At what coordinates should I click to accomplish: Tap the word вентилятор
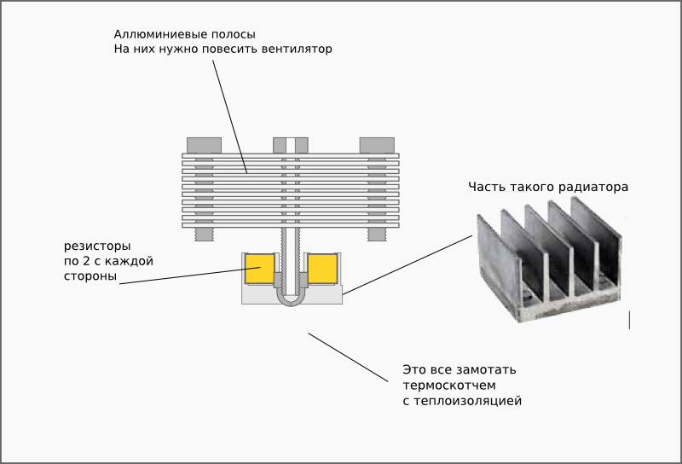click(x=297, y=49)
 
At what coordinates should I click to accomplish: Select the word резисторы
click(x=97, y=246)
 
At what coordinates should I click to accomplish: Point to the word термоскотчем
click(x=449, y=386)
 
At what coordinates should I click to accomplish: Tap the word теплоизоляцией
click(x=467, y=401)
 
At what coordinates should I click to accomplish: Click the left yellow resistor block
click(x=260, y=269)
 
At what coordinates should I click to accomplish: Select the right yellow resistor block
click(x=323, y=269)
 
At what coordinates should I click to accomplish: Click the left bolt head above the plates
click(x=204, y=145)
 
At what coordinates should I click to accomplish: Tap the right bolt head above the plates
click(x=377, y=145)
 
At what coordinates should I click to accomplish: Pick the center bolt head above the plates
click(x=291, y=145)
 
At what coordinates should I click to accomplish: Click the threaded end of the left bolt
click(x=204, y=235)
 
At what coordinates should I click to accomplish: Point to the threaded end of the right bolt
click(x=377, y=235)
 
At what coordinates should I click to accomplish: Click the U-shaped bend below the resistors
click(x=291, y=301)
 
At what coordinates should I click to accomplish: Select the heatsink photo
click(x=549, y=259)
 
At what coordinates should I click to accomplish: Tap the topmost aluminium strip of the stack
click(x=291, y=155)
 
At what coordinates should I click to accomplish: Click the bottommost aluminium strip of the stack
click(x=291, y=225)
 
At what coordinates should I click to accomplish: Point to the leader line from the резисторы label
click(x=190, y=275)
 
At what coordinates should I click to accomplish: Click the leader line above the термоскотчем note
click(x=348, y=357)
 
